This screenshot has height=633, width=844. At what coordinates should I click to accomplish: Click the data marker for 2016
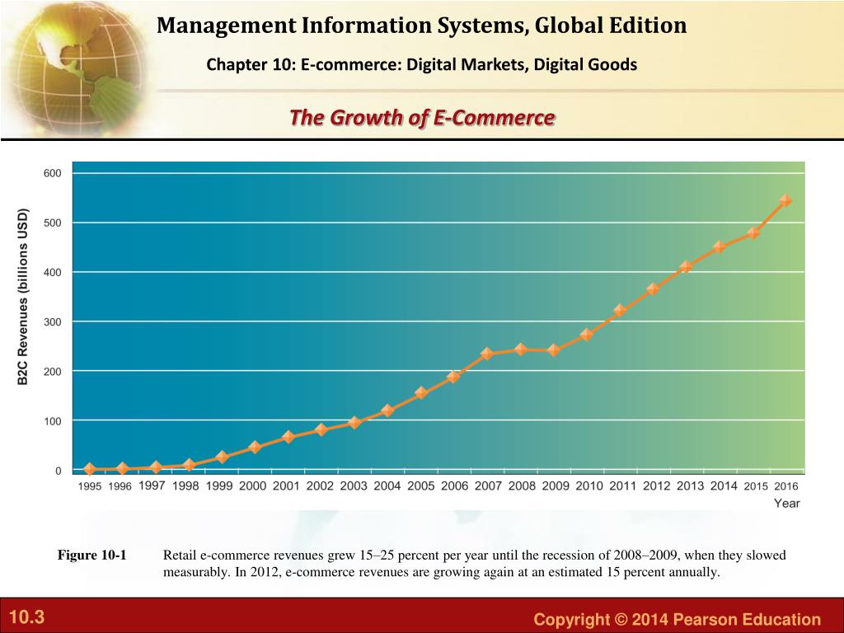785,200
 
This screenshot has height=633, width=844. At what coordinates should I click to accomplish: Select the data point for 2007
487,354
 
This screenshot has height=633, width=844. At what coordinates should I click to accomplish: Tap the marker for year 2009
554,349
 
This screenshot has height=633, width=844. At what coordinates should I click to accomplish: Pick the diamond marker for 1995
90,469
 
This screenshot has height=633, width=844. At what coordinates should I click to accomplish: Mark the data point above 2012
653,289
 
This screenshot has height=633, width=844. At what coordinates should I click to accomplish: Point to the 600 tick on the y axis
52,173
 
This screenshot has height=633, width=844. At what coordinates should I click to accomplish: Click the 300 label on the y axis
52,321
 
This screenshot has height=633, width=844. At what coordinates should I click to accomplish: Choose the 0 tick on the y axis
57,471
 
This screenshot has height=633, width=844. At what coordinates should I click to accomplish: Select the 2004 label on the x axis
387,486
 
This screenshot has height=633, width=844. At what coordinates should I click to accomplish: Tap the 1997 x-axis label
152,486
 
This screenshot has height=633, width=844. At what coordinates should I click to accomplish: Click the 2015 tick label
756,486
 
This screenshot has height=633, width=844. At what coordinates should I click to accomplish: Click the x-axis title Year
786,504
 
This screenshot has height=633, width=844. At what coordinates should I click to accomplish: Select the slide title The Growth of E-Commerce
422,118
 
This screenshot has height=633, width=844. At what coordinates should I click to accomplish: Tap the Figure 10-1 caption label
91,556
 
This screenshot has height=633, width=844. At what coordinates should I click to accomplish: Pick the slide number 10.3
26,617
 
